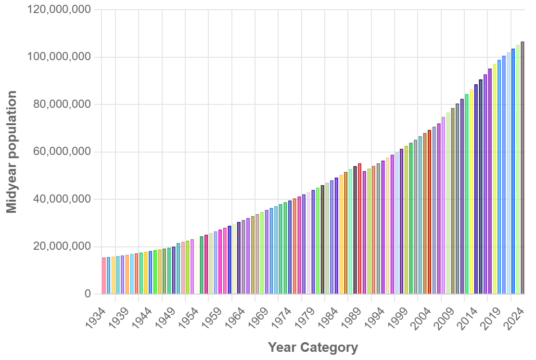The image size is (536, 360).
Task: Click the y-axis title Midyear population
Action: pyautogui.click(x=12, y=152)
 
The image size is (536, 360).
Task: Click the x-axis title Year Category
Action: pyautogui.click(x=313, y=347)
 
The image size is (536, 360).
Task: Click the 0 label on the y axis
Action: pyautogui.click(x=88, y=294)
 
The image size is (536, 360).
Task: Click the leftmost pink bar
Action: pyautogui.click(x=104, y=276)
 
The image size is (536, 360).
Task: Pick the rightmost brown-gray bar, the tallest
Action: pyautogui.click(x=523, y=168)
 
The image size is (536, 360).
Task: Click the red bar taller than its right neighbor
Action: pyautogui.click(x=359, y=229)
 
